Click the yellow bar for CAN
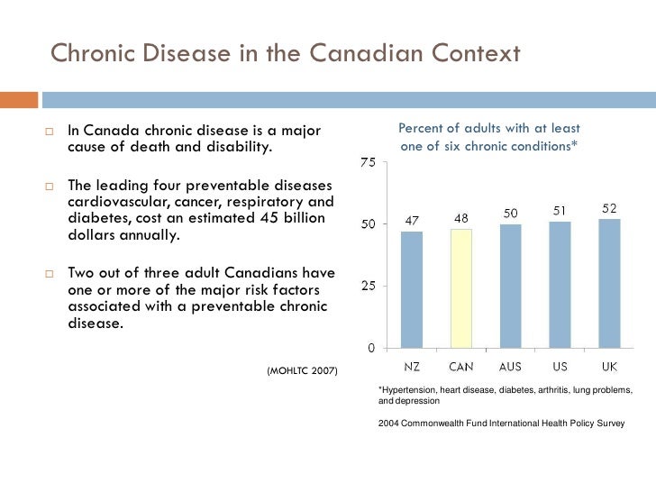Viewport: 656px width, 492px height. pos(461,288)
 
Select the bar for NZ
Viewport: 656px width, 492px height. pos(412,289)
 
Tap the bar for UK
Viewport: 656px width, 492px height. pos(609,283)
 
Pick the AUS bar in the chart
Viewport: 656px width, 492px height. pos(510,287)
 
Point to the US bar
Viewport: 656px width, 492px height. pos(560,285)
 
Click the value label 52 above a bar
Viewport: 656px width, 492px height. pos(609,208)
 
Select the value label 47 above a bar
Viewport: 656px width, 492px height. pos(412,221)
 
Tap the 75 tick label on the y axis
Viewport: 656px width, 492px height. pos(368,162)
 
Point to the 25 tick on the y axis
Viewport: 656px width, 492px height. pos(369,287)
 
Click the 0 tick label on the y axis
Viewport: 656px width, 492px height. pos(371,348)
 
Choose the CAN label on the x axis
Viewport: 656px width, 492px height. pos(461,367)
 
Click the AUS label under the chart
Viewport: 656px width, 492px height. pos(510,367)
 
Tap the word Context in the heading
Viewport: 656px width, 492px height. pos(476,53)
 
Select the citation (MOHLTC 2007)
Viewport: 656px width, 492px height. pos(302,370)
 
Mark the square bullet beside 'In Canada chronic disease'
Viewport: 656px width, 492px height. pos(50,132)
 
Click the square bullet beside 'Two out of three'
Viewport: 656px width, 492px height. pos(50,274)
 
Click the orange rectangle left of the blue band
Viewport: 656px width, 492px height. pos(19,100)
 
